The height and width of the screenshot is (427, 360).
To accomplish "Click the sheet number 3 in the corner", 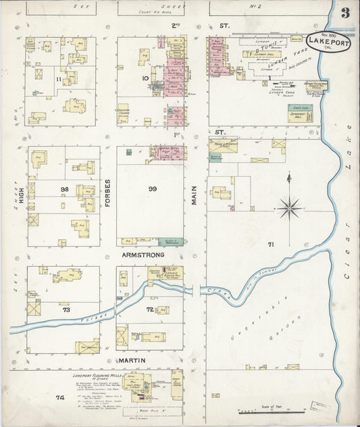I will coord(345,13).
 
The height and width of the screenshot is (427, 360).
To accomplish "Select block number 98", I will coord(65,190).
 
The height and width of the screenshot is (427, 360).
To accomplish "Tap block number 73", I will coord(66,309).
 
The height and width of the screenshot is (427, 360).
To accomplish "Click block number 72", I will coord(150,309).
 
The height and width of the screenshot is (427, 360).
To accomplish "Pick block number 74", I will coord(59,398).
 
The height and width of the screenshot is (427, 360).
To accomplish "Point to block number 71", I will coord(271,244).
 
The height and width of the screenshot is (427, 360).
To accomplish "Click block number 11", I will coord(59,80).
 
